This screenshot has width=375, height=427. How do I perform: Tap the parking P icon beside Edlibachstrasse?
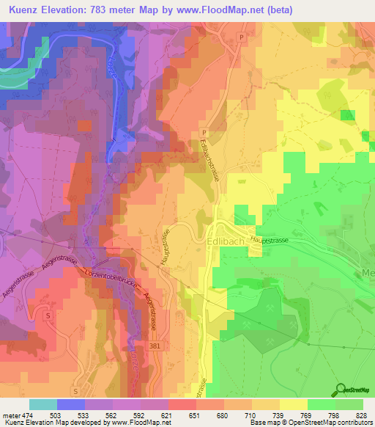(204, 133)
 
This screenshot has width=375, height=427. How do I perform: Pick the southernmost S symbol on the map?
(75, 391)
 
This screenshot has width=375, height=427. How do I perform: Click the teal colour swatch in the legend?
(43, 404)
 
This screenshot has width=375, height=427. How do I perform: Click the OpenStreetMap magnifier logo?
(339, 388)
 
